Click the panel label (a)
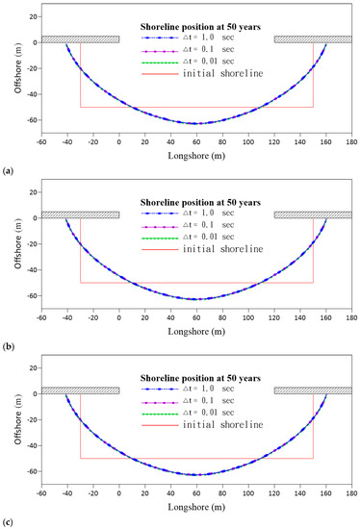pos(7,170)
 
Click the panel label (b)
pos(7,346)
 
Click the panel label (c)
pos(7,522)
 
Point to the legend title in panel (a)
pos(208,24)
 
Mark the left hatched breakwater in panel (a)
pos(80,39)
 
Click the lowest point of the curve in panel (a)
pos(196,124)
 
